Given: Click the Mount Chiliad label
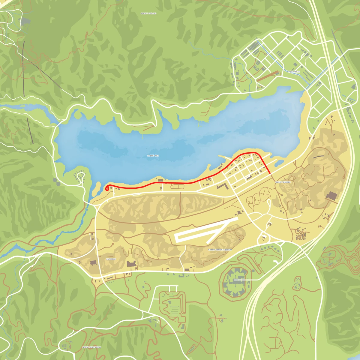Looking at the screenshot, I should (148, 13).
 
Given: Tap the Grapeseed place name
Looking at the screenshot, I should (294, 72).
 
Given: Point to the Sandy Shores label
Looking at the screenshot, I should (283, 182).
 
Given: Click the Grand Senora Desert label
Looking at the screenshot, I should (220, 250).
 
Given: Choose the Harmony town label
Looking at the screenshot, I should (111, 259).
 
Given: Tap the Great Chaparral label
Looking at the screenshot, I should (91, 347).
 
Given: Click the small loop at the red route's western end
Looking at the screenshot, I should (107, 188).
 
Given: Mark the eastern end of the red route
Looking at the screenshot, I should (271, 173).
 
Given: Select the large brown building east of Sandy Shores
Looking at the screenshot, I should (332, 196).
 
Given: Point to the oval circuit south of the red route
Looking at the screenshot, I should (178, 187).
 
